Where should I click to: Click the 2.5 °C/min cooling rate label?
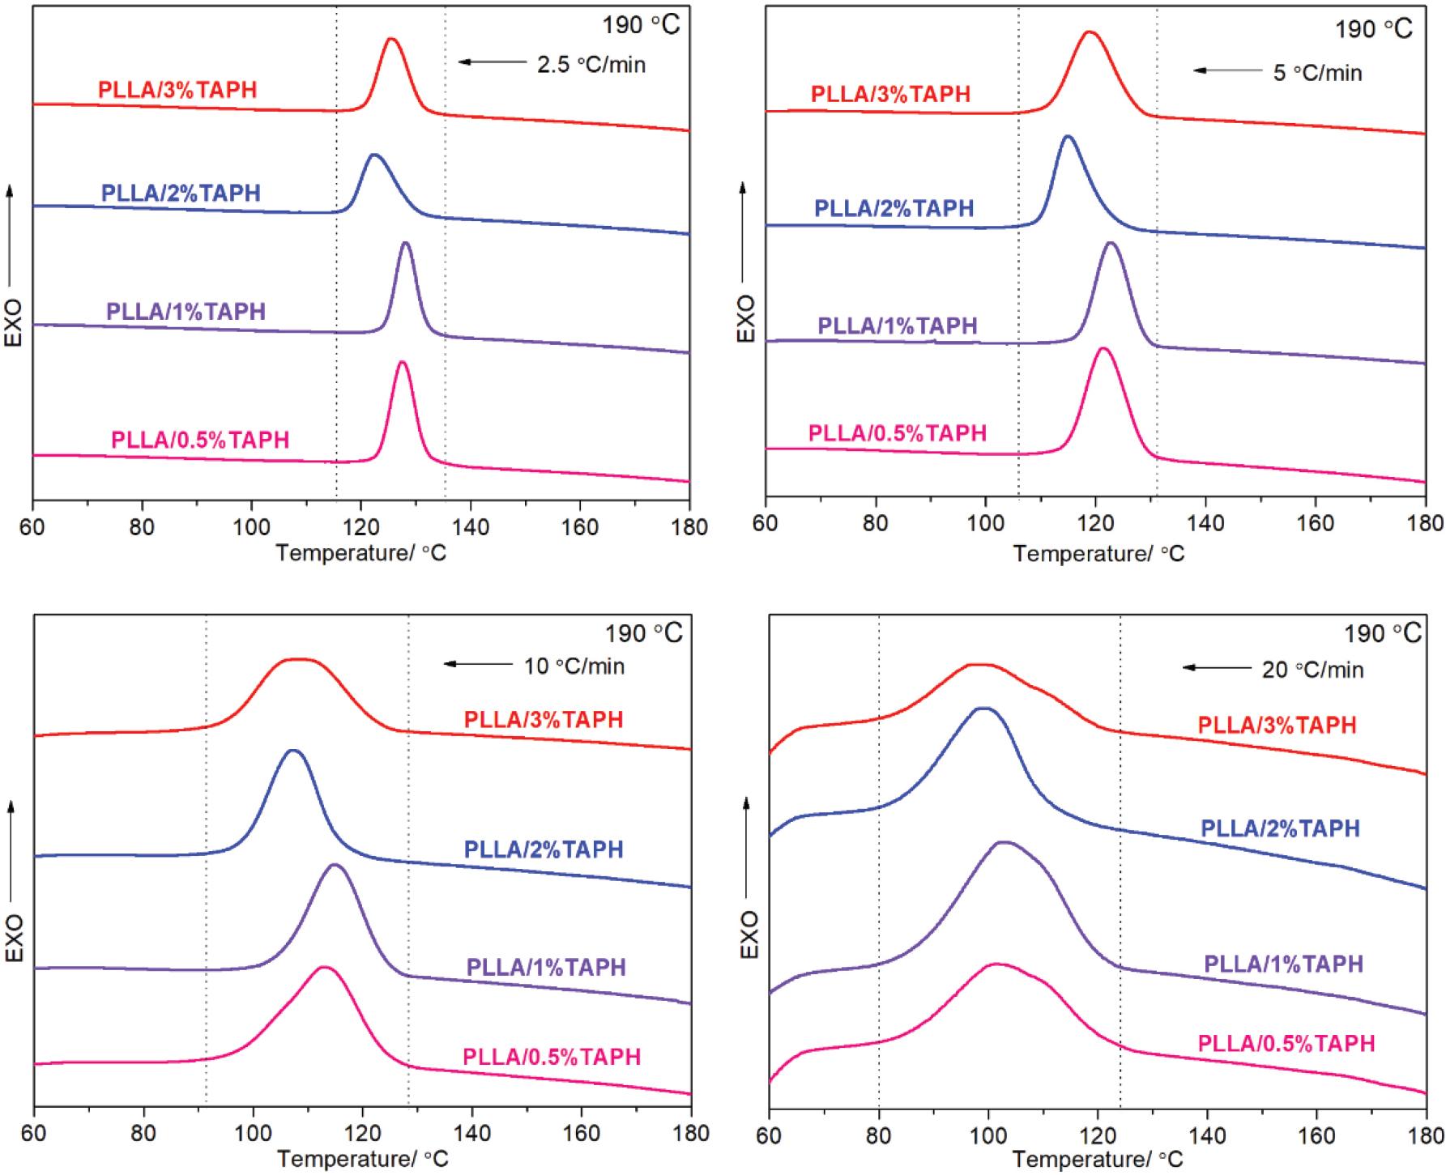[591, 64]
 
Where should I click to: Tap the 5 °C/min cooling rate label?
[1317, 73]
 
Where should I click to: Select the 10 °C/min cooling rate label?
[574, 666]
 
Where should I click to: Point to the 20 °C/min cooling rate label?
[1312, 670]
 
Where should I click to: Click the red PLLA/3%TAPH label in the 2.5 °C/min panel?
[177, 89]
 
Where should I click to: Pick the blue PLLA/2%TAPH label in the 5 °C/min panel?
[894, 208]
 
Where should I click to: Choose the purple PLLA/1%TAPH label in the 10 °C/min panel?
[546, 967]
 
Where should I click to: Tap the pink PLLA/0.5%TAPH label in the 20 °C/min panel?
[1286, 1043]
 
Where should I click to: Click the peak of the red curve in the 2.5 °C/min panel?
[392, 39]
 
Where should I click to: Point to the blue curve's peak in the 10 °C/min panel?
[293, 751]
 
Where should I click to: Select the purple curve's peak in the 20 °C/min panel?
[1004, 842]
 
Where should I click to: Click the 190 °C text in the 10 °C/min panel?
[643, 632]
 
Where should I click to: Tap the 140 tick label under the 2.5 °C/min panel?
[471, 527]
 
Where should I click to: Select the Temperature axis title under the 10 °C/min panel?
[362, 1159]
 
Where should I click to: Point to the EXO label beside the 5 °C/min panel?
[745, 318]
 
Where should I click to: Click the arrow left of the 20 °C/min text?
[1217, 668]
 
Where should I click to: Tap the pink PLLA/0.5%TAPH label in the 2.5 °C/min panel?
[200, 440]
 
